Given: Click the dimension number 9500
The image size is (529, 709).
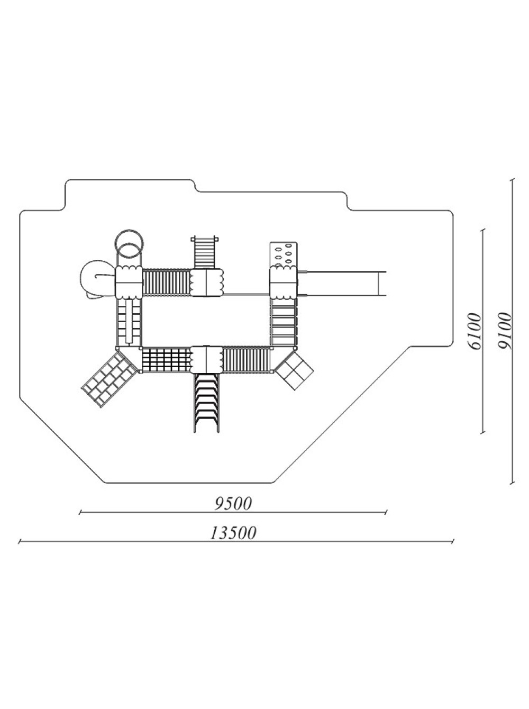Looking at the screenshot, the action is click(233, 504).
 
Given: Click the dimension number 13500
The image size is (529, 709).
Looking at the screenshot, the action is click(233, 533).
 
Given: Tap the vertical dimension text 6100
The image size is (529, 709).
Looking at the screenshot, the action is click(476, 331).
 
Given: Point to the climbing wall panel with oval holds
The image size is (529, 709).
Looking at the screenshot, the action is click(284, 254).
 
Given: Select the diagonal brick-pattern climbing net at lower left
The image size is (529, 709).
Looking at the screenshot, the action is click(108, 379).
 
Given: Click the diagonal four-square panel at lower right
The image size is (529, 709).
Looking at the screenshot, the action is click(294, 370).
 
